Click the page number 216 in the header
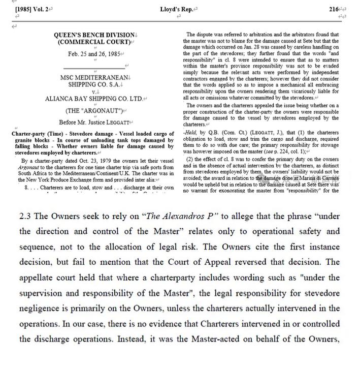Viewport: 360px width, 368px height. coord(334,9)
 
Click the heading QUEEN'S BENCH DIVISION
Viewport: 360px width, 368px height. coord(94,35)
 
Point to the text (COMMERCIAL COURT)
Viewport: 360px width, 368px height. coord(94,42)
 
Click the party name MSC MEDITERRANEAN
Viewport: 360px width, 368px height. coord(94,78)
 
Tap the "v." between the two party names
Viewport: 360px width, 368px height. coord(94,92)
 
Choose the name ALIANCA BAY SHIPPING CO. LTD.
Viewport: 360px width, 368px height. coord(94,99)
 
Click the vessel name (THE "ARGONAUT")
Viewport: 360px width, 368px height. coord(94,111)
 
